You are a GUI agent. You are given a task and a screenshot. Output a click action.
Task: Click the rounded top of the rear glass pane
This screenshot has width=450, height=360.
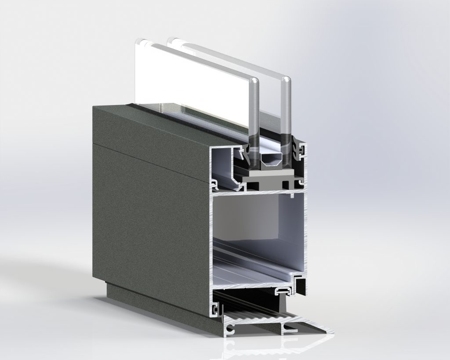[x=286, y=82]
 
